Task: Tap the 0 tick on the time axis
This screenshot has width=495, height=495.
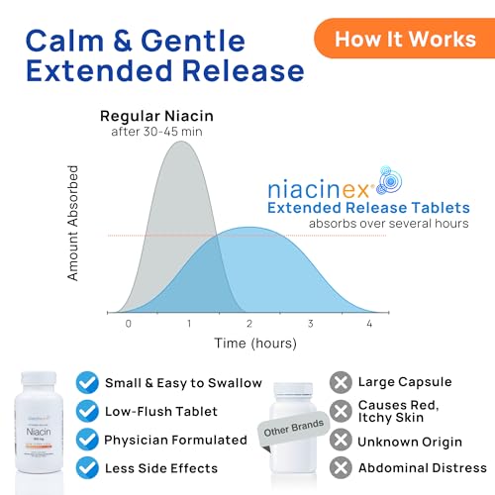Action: pos(127,324)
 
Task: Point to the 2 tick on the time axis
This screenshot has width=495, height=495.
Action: pos(249,324)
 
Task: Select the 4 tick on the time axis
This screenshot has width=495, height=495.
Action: pos(370,324)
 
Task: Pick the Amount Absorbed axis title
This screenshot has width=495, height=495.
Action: pos(72,230)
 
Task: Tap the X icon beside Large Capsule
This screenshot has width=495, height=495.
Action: pos(342,382)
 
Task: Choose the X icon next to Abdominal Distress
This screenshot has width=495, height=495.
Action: pos(342,466)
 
